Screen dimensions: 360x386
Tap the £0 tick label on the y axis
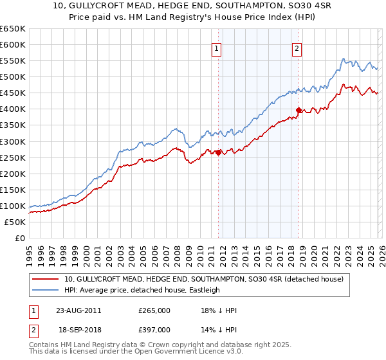pos(19,238)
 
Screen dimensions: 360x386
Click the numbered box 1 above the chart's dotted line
pos(217,48)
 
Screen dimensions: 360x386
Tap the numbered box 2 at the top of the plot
pos(297,48)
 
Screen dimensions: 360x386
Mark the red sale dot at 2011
pos(218,152)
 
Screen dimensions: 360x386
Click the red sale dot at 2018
pos(299,110)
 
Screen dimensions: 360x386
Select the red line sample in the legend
pos(46,279)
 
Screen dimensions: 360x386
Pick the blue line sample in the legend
pos(46,290)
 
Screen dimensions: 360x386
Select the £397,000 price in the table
pos(154,328)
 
